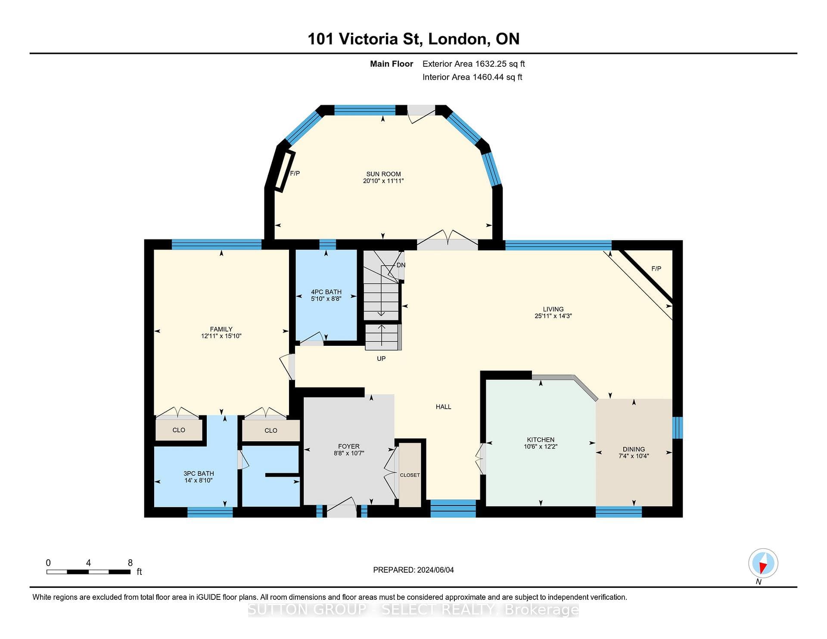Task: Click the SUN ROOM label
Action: click(383, 174)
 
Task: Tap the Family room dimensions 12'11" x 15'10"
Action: click(221, 336)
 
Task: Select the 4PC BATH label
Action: click(326, 292)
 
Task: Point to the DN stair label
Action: click(401, 265)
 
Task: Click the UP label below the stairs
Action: click(381, 358)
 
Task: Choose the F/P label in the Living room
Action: click(656, 269)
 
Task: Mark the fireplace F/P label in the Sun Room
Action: click(295, 174)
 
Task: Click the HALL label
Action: click(443, 406)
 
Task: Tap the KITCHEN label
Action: click(541, 440)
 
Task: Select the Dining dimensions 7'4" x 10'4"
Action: click(634, 456)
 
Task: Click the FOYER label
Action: click(348, 447)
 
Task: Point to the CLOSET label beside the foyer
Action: click(410, 475)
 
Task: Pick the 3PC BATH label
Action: click(199, 474)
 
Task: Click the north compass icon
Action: click(763, 563)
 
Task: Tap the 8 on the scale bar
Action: click(130, 563)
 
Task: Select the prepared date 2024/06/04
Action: click(435, 570)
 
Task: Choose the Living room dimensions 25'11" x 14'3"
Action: click(553, 316)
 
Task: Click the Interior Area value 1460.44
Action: click(488, 77)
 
